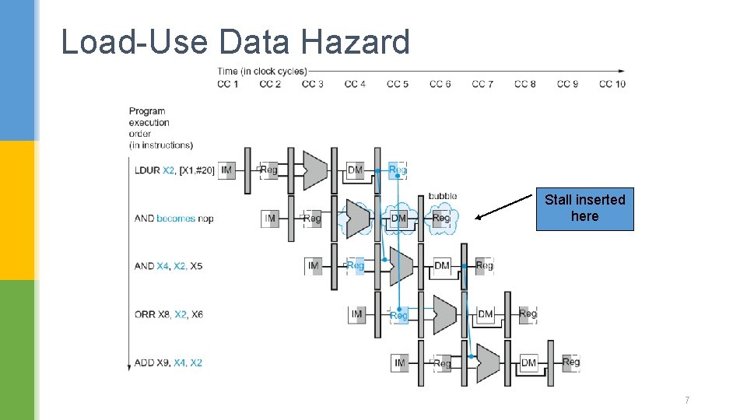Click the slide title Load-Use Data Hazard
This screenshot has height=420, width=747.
[x=235, y=42]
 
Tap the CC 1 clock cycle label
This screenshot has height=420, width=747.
[x=227, y=84]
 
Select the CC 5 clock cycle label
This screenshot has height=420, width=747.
[x=398, y=84]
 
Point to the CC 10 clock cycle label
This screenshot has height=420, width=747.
[x=612, y=84]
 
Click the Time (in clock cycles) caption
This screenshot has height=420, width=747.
[x=261, y=72]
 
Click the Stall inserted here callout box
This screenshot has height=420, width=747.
[x=584, y=208]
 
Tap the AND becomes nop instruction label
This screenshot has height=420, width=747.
[x=174, y=219]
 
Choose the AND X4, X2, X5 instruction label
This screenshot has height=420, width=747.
[x=168, y=266]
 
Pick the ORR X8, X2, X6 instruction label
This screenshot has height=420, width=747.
[x=168, y=314]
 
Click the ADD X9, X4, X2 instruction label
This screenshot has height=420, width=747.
[x=168, y=362]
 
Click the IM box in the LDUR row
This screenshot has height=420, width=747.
[x=226, y=170]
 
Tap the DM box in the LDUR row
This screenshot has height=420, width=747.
[x=355, y=170]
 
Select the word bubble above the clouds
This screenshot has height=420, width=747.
[x=442, y=196]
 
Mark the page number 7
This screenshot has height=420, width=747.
[x=686, y=401]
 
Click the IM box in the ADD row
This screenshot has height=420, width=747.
[x=400, y=362]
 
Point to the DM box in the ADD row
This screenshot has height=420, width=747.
[x=528, y=362]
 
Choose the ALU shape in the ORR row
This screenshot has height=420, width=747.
[x=444, y=314]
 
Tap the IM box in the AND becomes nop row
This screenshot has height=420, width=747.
[x=270, y=219]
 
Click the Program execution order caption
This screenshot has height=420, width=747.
[x=160, y=128]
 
